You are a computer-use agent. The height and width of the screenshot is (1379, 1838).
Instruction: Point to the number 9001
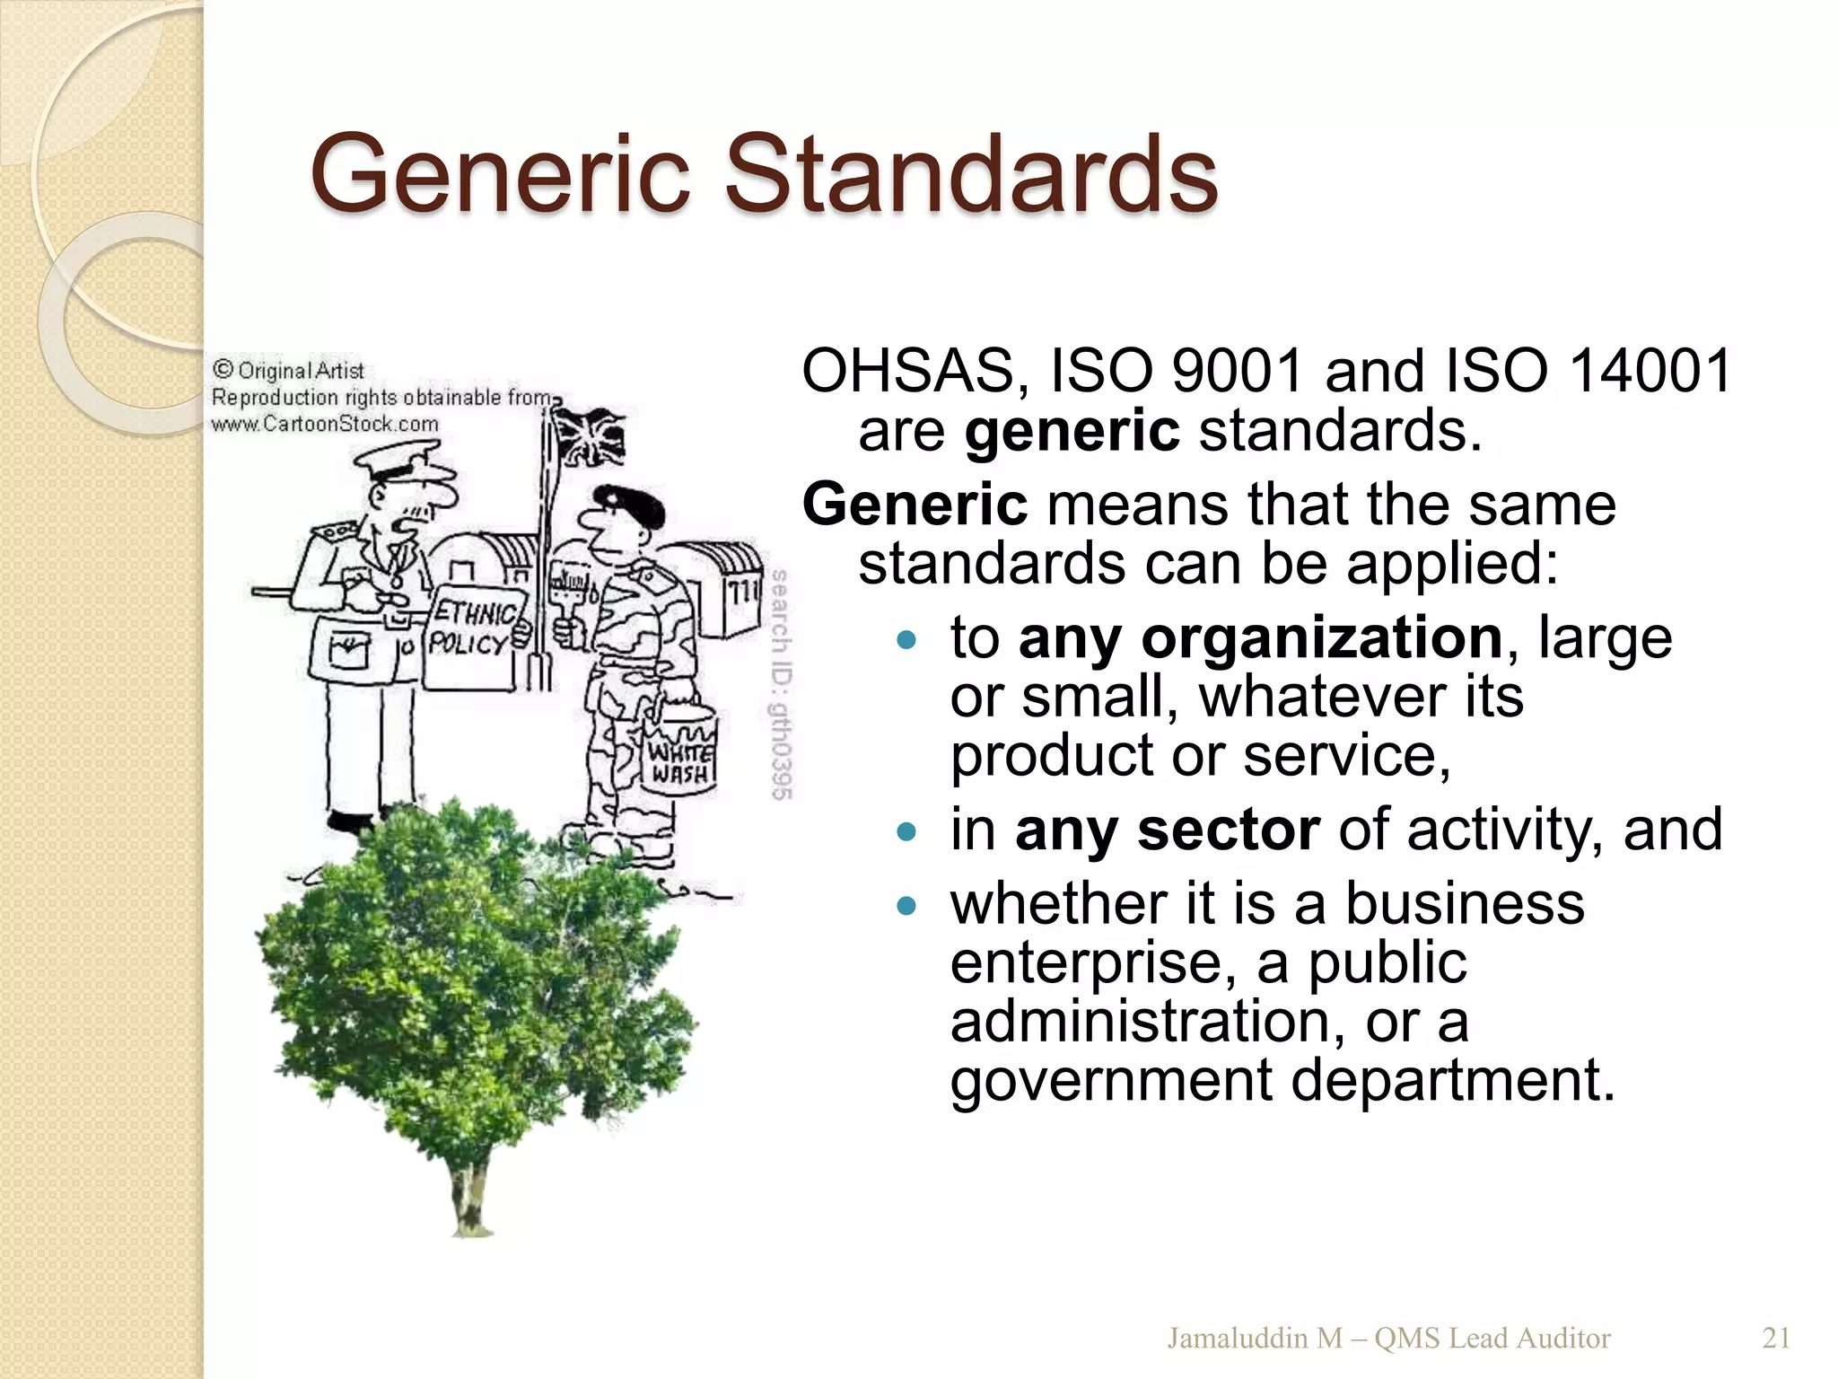(x=1238, y=372)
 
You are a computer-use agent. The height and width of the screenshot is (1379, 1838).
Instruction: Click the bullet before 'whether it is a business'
(x=906, y=906)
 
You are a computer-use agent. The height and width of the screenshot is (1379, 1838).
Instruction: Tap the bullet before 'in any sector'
(x=906, y=831)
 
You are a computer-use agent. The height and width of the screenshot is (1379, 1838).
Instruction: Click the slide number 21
(x=1776, y=1338)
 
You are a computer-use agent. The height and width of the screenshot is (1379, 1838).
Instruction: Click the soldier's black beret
(x=633, y=505)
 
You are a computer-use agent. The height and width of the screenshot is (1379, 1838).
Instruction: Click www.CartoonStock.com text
(x=325, y=424)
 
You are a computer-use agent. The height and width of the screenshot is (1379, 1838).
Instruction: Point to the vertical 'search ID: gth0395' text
(x=781, y=684)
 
